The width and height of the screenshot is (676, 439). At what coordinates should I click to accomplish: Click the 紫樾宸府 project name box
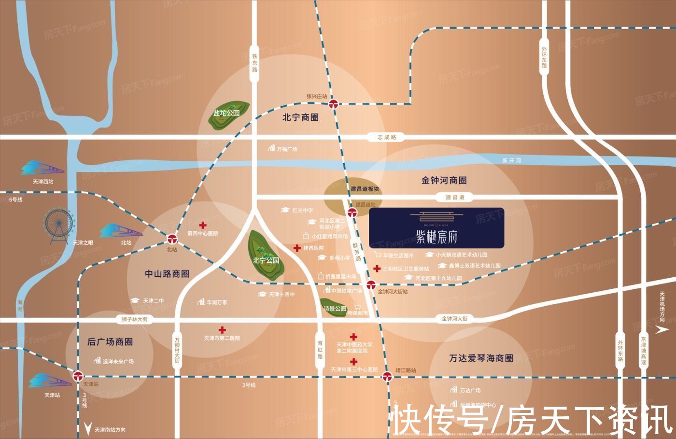(x=437, y=228)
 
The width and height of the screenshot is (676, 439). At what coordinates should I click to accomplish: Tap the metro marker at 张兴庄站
(x=334, y=104)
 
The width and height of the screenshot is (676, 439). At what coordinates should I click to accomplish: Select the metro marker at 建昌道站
(x=352, y=212)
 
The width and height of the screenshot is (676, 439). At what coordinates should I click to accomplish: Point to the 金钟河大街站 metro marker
(x=371, y=284)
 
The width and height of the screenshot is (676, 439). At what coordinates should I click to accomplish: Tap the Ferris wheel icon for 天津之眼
(x=59, y=224)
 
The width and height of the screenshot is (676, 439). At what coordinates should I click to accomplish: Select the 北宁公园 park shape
(x=265, y=256)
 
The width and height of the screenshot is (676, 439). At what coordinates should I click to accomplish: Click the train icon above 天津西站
(x=42, y=169)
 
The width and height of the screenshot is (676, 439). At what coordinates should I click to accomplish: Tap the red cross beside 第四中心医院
(x=203, y=225)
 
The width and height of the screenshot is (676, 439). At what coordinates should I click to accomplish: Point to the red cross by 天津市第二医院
(x=222, y=330)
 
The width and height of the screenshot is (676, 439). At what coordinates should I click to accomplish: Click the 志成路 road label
(x=387, y=137)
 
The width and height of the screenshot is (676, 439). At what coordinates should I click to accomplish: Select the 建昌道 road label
(x=455, y=197)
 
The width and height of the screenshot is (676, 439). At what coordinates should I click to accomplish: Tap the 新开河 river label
(x=511, y=160)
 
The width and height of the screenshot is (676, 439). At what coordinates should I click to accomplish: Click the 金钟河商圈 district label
(x=444, y=181)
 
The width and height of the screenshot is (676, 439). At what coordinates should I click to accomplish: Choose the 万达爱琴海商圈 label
(x=481, y=358)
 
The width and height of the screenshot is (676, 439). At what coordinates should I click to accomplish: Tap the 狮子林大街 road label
(x=135, y=319)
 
